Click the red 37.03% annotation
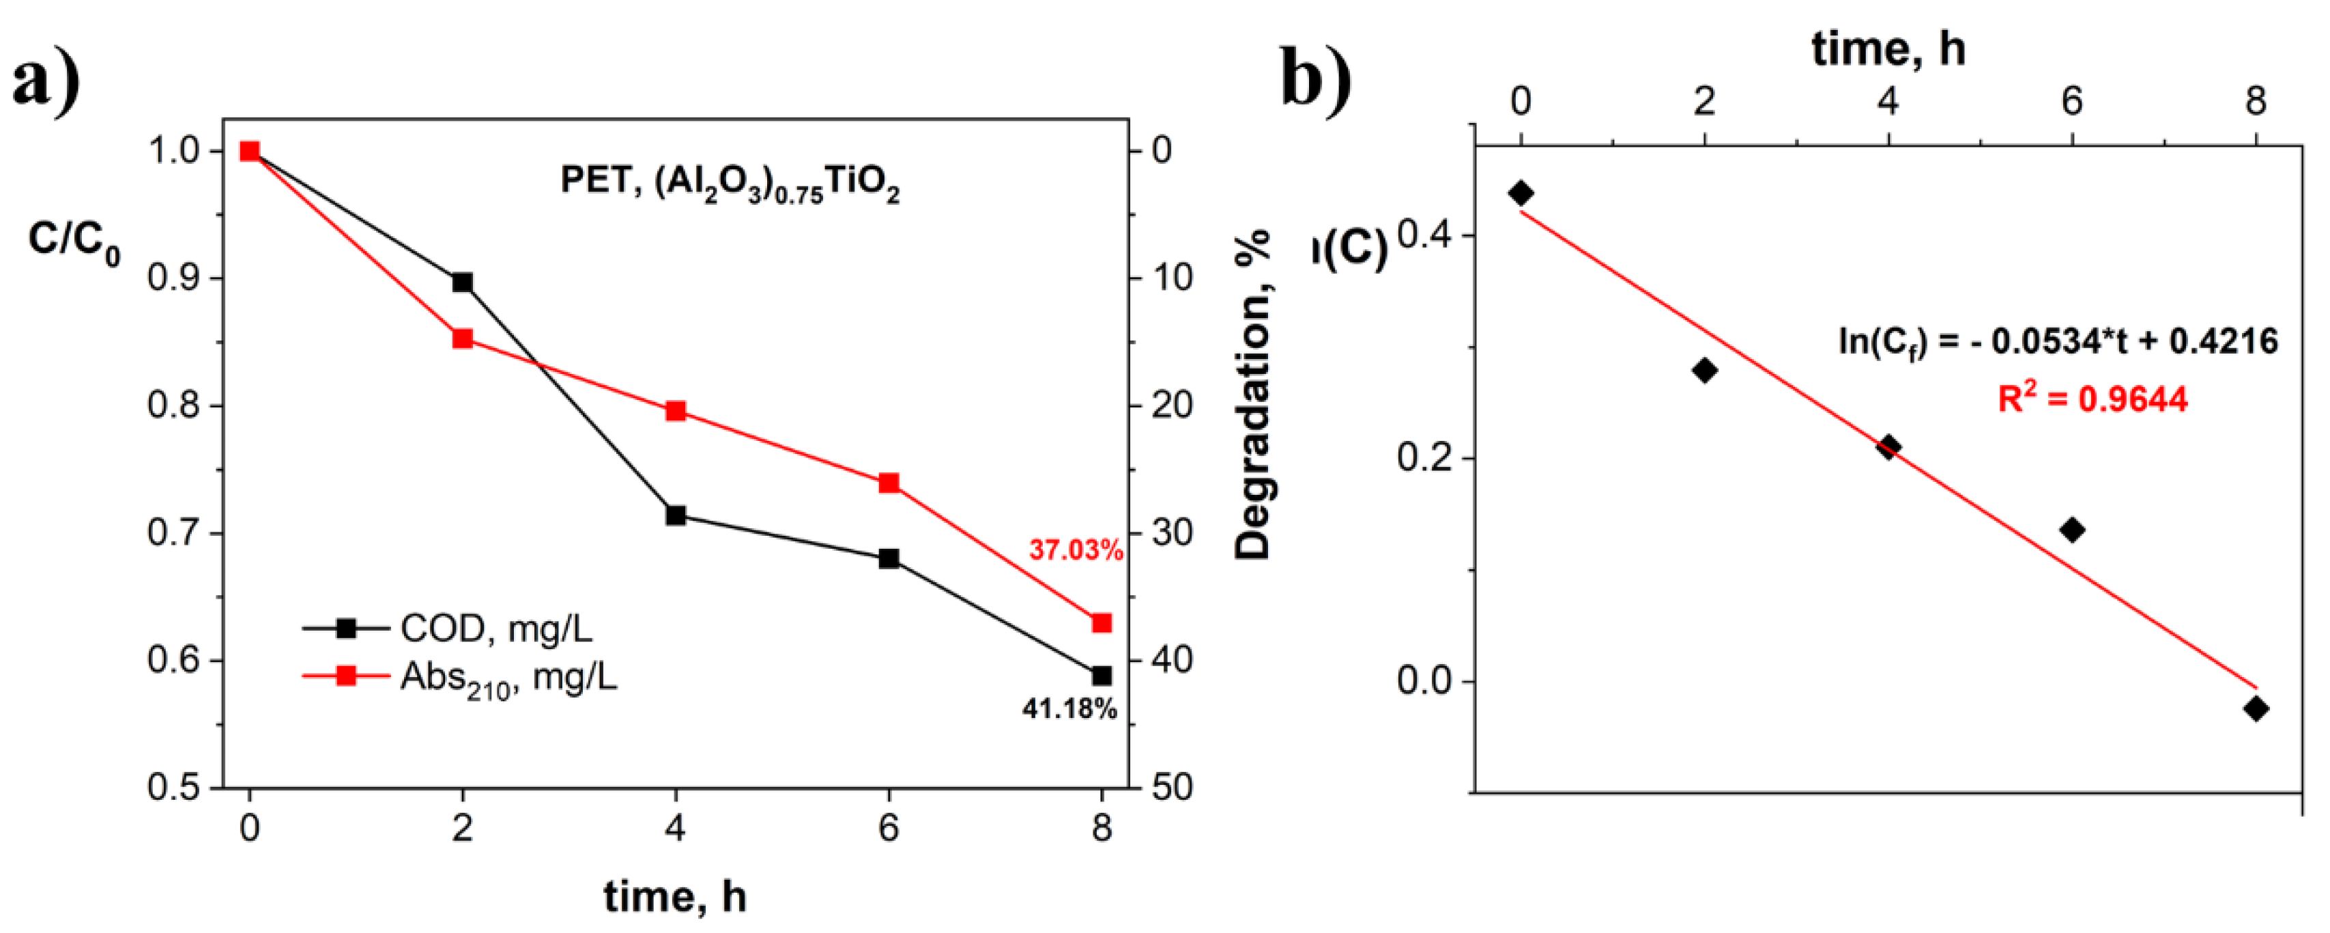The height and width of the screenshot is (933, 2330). click(1076, 549)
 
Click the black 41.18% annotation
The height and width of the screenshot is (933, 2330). click(1069, 708)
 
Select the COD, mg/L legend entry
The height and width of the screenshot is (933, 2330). click(495, 628)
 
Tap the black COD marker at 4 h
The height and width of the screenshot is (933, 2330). click(676, 516)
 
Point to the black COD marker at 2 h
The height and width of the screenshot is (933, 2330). click(462, 283)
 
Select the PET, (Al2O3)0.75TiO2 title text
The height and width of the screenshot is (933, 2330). click(730, 184)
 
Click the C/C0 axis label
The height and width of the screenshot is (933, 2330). click(74, 242)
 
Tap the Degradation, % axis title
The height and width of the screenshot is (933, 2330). click(1254, 395)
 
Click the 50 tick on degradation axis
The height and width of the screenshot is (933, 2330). click(1173, 788)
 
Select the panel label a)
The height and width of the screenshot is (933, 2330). click(46, 80)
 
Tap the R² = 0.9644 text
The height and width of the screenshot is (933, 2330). click(2092, 398)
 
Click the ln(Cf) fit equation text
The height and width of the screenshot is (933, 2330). click(2058, 342)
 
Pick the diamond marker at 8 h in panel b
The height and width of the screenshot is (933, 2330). click(2256, 708)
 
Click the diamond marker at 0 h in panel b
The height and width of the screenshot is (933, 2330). click(1521, 192)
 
